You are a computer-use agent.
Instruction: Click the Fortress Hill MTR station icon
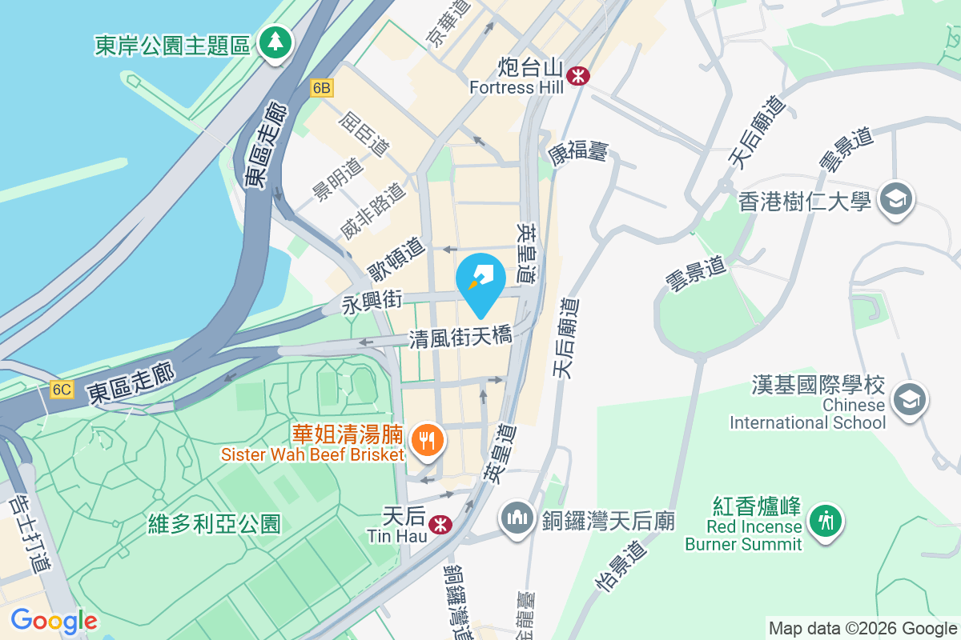[577, 76]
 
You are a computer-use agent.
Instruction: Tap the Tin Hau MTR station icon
[438, 524]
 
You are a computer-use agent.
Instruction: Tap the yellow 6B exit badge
[321, 88]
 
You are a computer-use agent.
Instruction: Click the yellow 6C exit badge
[61, 390]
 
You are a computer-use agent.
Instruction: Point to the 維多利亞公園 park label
[215, 524]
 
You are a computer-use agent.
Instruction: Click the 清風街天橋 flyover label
[460, 338]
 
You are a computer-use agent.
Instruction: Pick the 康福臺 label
[578, 150]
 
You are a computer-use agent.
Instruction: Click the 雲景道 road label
[694, 274]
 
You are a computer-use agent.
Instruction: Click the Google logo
[54, 620]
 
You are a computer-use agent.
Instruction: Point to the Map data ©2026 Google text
[862, 628]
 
